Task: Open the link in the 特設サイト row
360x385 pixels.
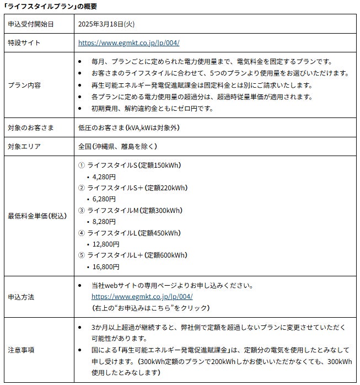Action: pyautogui.click(x=128, y=42)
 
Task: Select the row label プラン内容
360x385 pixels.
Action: pyautogui.click(x=25, y=85)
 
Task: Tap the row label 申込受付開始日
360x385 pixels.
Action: pyautogui.click(x=32, y=24)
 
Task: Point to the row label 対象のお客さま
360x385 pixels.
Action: pyautogui.click(x=32, y=127)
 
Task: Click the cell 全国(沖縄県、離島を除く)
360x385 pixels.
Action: pyautogui.click(x=118, y=147)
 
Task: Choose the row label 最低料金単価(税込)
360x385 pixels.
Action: pyautogui.click(x=37, y=216)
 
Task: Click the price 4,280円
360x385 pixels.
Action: pyautogui.click(x=105, y=177)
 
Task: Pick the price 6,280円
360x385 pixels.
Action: pyautogui.click(x=105, y=199)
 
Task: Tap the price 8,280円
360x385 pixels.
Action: pyautogui.click(x=105, y=222)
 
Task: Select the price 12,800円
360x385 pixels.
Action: pyautogui.click(x=106, y=244)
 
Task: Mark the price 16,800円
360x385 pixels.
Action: pyautogui.click(x=106, y=266)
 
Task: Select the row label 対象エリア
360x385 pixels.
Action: pyautogui.click(x=25, y=147)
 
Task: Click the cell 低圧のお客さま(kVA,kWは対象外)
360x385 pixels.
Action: pyautogui.click(x=128, y=127)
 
